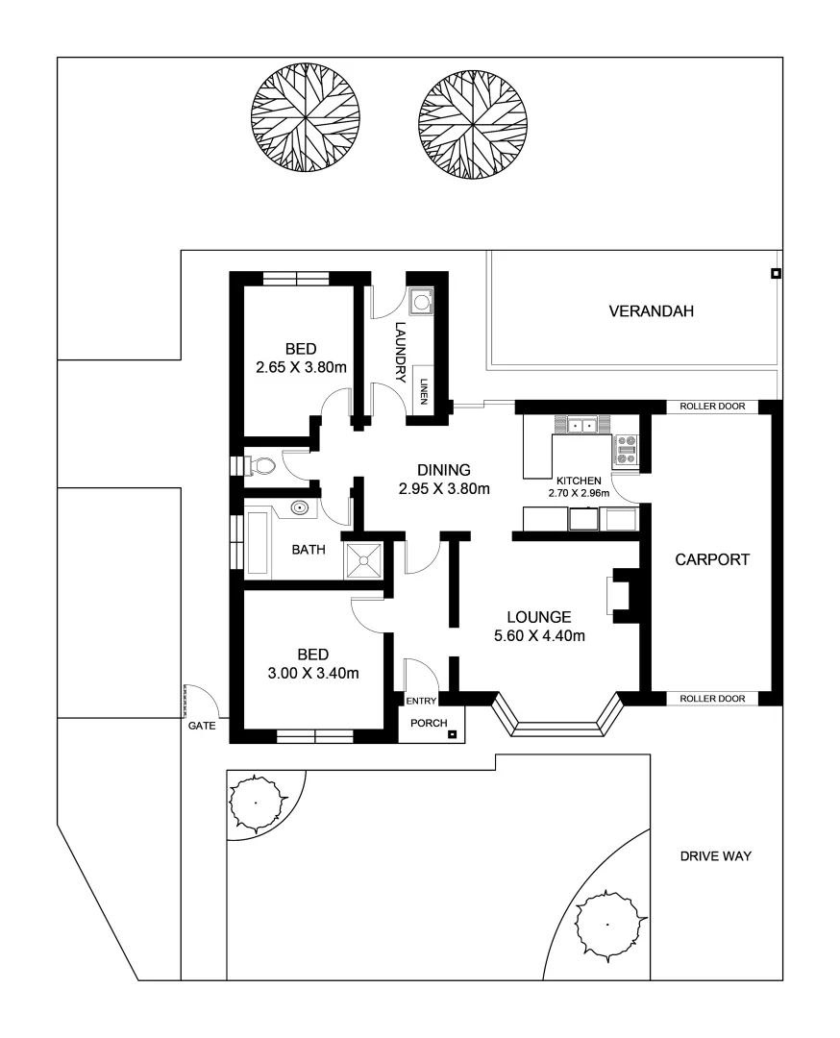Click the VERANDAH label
651,311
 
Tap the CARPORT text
711,559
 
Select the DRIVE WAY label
715,856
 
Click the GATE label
202,727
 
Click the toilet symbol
262,467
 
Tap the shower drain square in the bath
364,559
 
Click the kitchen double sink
581,425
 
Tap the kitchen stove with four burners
626,449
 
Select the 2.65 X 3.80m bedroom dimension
301,366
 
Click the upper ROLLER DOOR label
712,407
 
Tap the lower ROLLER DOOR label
712,699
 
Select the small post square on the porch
452,736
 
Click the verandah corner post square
776,274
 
